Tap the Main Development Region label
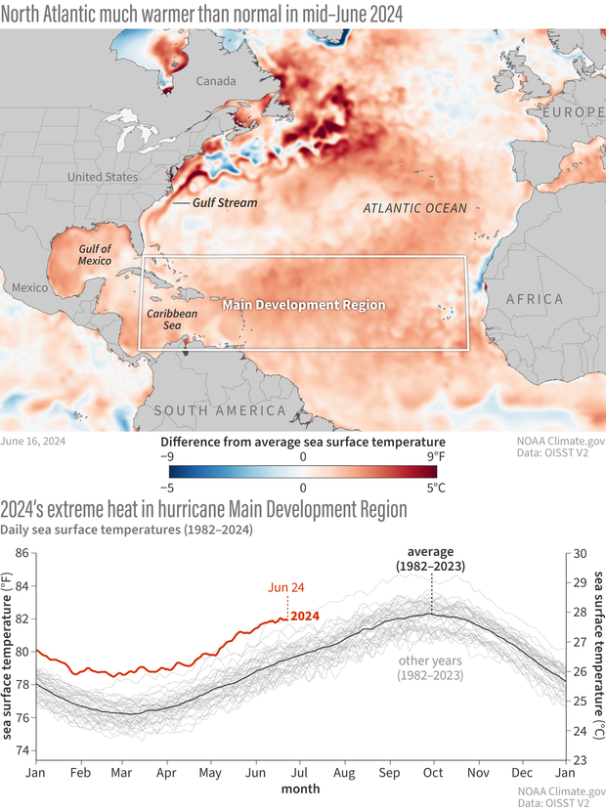[304, 305]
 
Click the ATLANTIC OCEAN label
[414, 208]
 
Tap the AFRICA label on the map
[533, 299]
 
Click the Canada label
[217, 83]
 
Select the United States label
[103, 177]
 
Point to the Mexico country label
[30, 288]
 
